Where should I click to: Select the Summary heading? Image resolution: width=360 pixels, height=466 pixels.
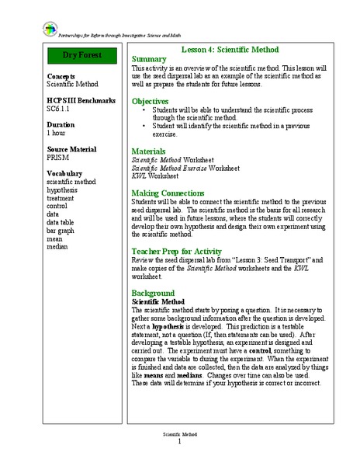(149, 59)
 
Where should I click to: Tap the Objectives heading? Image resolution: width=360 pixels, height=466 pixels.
(151, 101)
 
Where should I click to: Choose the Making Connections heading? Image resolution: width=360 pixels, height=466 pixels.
(168, 192)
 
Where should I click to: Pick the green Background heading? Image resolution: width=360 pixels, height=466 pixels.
(153, 293)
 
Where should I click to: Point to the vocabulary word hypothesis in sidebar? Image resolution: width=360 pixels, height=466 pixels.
(62, 189)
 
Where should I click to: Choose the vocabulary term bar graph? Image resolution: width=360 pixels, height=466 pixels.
(60, 231)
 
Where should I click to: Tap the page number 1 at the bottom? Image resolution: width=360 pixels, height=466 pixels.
(179, 442)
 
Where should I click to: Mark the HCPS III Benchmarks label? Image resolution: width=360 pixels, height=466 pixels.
(81, 101)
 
